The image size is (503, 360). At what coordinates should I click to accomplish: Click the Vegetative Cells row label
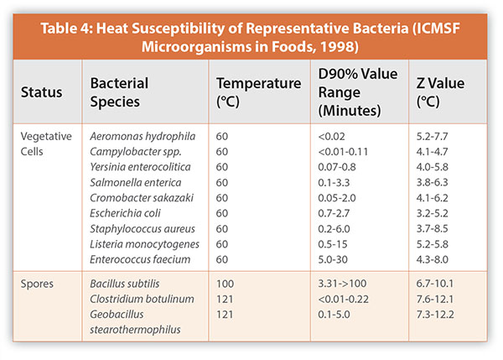(x=47, y=143)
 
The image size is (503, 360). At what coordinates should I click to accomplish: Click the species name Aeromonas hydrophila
(x=140, y=136)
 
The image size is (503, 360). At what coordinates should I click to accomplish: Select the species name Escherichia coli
(x=125, y=213)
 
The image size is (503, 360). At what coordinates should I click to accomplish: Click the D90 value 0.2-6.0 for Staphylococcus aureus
(x=335, y=229)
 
